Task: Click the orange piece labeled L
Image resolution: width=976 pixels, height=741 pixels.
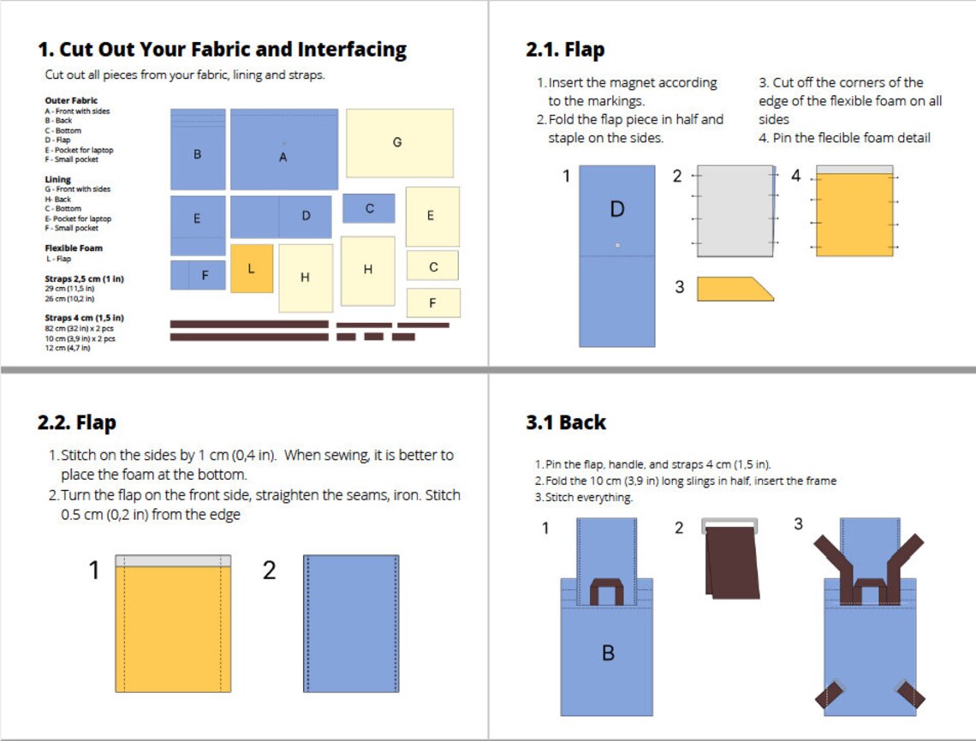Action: [x=252, y=268]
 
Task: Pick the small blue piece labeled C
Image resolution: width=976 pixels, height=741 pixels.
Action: [x=369, y=208]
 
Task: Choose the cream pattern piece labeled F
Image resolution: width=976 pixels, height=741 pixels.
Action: [x=432, y=302]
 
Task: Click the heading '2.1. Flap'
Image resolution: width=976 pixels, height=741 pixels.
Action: [x=565, y=50]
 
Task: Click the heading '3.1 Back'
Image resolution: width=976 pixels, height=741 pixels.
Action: [x=566, y=422]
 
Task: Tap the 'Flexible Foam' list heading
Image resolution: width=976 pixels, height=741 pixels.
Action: [x=74, y=248]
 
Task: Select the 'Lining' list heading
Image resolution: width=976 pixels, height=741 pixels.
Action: [x=57, y=180]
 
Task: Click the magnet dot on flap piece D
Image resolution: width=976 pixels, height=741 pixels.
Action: [x=617, y=246]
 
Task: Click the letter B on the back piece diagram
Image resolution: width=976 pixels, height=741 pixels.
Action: [x=608, y=653]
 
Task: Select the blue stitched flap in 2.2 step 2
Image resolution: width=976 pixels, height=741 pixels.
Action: [x=351, y=624]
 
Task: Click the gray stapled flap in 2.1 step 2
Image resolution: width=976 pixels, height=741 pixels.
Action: [x=735, y=211]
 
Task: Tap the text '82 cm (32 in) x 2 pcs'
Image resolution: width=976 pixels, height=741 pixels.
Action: [x=80, y=329]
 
